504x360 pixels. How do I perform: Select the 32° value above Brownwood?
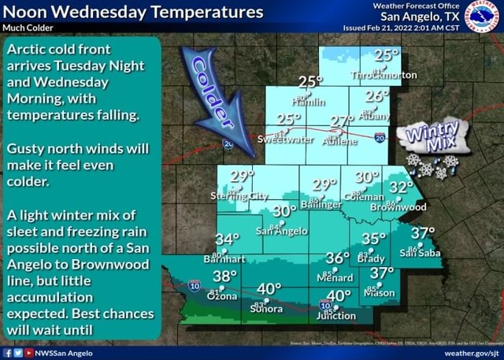click(x=401, y=187)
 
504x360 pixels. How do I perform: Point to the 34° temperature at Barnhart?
click(x=226, y=239)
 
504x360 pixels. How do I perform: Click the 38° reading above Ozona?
click(x=224, y=276)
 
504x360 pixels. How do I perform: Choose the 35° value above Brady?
click(x=374, y=239)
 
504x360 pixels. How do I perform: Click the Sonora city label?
click(x=265, y=309)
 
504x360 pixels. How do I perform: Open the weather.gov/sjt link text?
click(x=470, y=354)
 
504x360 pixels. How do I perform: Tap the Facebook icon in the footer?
click(x=6, y=354)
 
